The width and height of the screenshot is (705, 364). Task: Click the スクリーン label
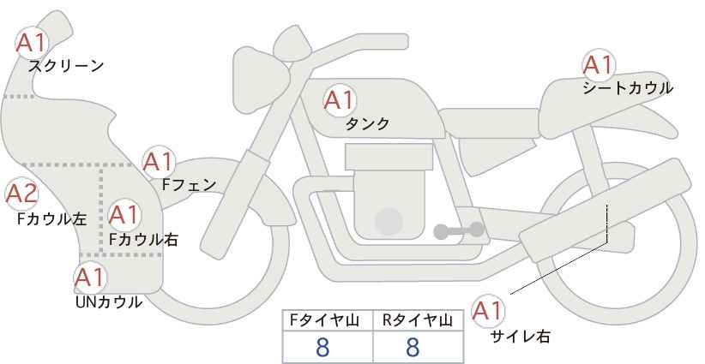pyautogui.click(x=66, y=67)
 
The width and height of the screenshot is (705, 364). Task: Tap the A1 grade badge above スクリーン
pyautogui.click(x=32, y=43)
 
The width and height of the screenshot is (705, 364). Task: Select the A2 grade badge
pyautogui.click(x=21, y=194)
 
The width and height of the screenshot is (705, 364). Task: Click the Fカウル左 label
pyautogui.click(x=52, y=219)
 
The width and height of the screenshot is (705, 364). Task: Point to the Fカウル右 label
pyautogui.click(x=144, y=239)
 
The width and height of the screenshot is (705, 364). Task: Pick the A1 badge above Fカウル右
pyautogui.click(x=124, y=214)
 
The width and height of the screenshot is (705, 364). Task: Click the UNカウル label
pyautogui.click(x=109, y=302)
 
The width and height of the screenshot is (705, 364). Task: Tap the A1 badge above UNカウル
pyautogui.click(x=90, y=278)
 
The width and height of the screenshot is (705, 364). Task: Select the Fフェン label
pyautogui.click(x=189, y=185)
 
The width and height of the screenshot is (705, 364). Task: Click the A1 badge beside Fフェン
pyautogui.click(x=159, y=162)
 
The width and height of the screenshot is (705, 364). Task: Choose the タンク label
pyautogui.click(x=367, y=124)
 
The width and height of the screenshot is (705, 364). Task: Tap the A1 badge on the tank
pyautogui.click(x=339, y=100)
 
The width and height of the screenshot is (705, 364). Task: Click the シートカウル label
pyautogui.click(x=628, y=87)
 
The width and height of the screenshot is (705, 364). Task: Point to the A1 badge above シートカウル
pyautogui.click(x=599, y=65)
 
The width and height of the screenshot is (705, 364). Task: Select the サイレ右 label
pyautogui.click(x=521, y=337)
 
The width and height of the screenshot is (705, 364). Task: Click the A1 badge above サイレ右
pyautogui.click(x=488, y=311)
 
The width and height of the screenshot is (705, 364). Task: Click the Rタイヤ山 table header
pyautogui.click(x=418, y=320)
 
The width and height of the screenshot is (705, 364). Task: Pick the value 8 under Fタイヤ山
pyautogui.click(x=322, y=348)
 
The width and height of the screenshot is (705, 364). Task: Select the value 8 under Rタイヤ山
pyautogui.click(x=413, y=348)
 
